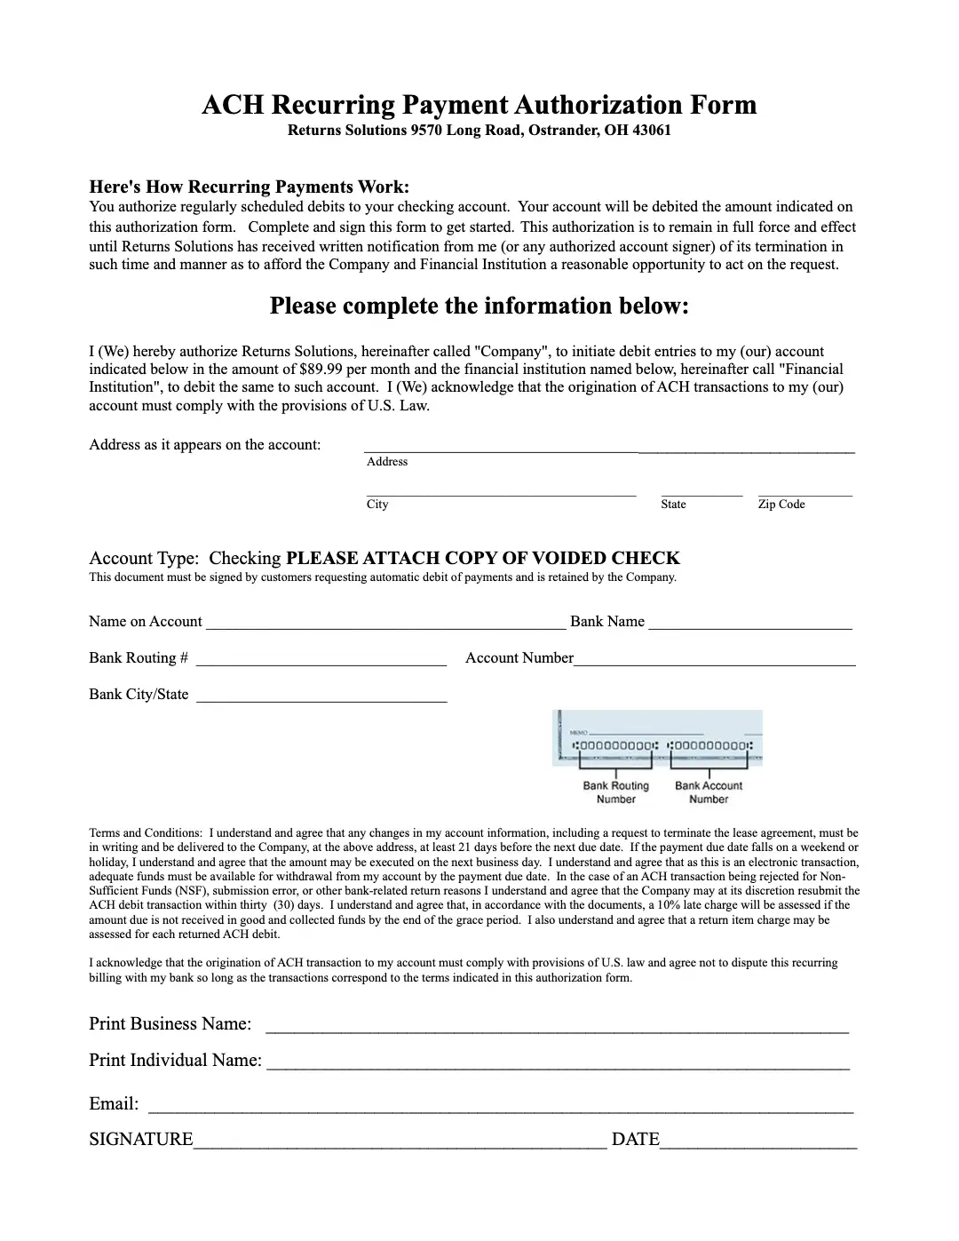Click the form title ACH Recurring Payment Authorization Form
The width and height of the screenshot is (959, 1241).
pyautogui.click(x=479, y=105)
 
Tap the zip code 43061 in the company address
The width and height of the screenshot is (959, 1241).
pyautogui.click(x=651, y=131)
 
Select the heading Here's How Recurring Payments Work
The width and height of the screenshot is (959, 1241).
pyautogui.click(x=249, y=187)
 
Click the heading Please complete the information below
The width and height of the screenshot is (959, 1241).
pyautogui.click(x=479, y=306)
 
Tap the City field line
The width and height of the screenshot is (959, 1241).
pyautogui.click(x=501, y=492)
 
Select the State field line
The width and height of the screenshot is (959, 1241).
pyautogui.click(x=701, y=492)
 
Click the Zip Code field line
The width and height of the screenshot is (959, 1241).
pyautogui.click(x=804, y=492)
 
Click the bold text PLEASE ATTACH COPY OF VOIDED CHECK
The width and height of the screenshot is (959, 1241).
pyautogui.click(x=483, y=558)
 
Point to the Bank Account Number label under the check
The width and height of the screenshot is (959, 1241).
pyautogui.click(x=708, y=792)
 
